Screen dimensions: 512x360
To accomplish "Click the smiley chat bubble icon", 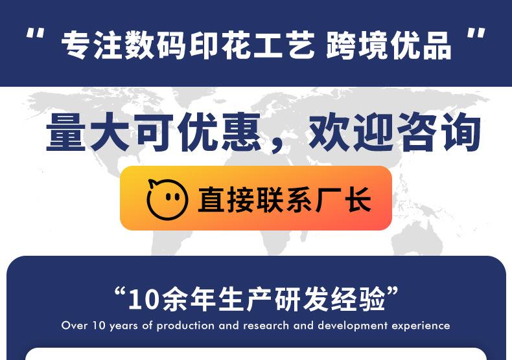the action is pyautogui.click(x=167, y=199).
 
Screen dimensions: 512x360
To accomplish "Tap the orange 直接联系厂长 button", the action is pyautogui.click(x=256, y=198).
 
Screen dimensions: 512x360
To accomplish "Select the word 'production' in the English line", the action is pyautogui.click(x=185, y=326).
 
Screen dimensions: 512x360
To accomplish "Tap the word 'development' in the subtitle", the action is pyautogui.click(x=353, y=326).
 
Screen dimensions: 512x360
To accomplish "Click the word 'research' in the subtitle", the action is pyautogui.click(x=266, y=326).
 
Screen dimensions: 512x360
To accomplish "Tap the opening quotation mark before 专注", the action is pyautogui.click(x=35, y=34).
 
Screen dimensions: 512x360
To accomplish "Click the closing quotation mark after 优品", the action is pyautogui.click(x=476, y=34).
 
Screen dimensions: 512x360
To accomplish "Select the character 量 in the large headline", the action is pyautogui.click(x=66, y=132).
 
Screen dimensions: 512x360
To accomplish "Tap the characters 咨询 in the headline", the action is pyautogui.click(x=439, y=132).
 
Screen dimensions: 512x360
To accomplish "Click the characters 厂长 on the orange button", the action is pyautogui.click(x=343, y=199).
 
